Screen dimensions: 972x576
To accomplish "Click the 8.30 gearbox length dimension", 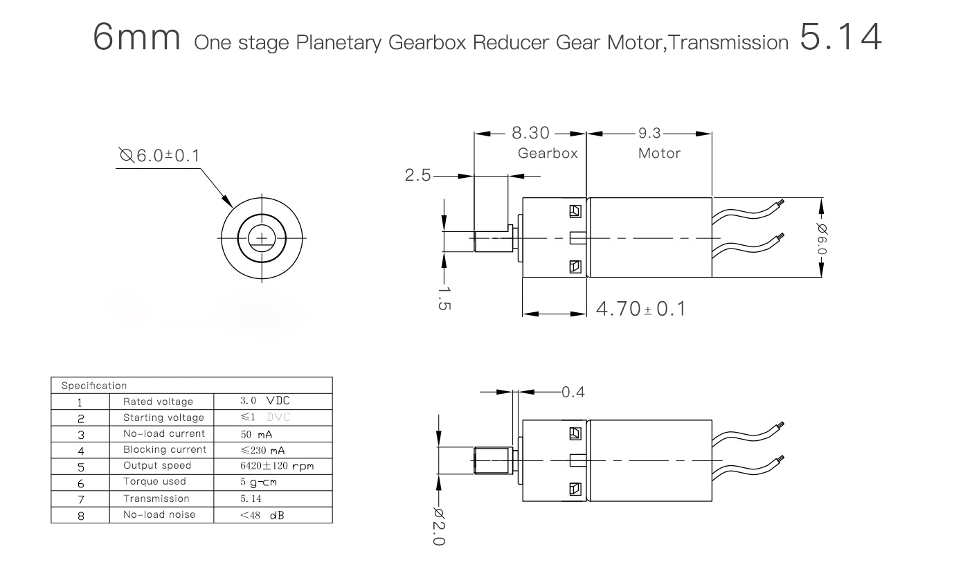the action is [x=530, y=133].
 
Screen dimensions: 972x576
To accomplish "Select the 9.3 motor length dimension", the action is [x=649, y=133].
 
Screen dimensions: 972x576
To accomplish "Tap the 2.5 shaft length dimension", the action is [x=417, y=175].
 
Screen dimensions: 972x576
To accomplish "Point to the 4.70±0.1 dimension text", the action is [x=641, y=309].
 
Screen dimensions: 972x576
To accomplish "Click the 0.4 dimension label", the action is [x=573, y=393].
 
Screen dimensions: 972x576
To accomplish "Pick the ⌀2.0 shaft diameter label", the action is [x=439, y=527].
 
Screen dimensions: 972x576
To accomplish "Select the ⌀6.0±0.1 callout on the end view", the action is [x=159, y=155].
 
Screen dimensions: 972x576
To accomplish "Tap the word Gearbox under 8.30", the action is [x=548, y=153].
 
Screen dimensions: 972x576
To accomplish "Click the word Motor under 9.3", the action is [x=659, y=153].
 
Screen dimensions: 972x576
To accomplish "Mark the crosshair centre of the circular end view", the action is [x=262, y=238].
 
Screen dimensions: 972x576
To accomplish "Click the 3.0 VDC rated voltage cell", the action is [x=264, y=401].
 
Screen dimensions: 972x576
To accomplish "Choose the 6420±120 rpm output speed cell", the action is [x=277, y=466].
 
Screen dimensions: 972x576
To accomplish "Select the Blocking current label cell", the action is [x=165, y=449].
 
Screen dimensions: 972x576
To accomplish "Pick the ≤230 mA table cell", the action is [x=262, y=451].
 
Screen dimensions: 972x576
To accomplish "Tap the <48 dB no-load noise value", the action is [x=262, y=515].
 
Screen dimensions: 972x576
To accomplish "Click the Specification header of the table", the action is [x=94, y=386].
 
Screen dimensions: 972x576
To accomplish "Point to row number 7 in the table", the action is [x=81, y=500].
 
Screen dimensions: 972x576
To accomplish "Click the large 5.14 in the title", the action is [x=840, y=37].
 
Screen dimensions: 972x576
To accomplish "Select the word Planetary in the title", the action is [x=339, y=43].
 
